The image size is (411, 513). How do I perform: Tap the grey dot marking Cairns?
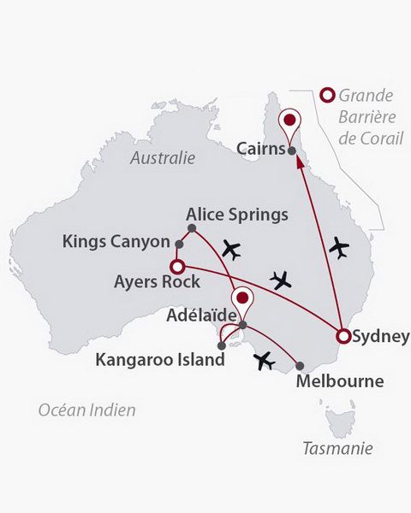coord(292,151)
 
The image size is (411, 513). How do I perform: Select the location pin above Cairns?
coord(292,122)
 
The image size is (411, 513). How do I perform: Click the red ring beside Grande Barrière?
coord(325,96)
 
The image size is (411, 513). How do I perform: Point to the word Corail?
coord(380,137)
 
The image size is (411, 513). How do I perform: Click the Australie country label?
coord(163,158)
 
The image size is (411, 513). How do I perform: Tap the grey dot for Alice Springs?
coord(192,228)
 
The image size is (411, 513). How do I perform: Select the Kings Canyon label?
coord(116,242)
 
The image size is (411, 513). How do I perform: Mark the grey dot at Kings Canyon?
coord(179,244)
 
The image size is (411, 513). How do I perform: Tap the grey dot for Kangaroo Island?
coord(222,345)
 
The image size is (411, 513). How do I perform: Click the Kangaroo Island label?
coord(160,360)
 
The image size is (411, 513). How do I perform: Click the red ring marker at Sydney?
coord(342,335)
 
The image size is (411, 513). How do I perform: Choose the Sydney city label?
coord(380,336)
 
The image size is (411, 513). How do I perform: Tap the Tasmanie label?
coord(337,447)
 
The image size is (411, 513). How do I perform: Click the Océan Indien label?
coord(86,410)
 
